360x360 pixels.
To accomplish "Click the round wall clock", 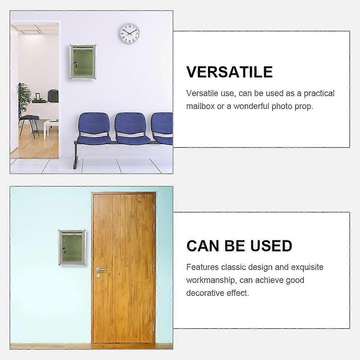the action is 129,33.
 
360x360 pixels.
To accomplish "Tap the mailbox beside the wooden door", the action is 72,248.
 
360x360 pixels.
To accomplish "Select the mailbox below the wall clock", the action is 83,62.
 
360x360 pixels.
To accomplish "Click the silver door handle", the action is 101,269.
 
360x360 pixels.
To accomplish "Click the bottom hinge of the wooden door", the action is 153,328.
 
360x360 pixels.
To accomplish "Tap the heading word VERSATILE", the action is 229,72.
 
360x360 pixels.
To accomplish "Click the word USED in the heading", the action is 271,246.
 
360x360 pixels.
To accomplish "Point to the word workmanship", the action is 211,280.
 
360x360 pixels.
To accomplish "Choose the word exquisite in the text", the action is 307,267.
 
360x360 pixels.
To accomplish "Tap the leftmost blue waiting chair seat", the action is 94,140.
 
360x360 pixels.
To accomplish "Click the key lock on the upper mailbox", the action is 75,64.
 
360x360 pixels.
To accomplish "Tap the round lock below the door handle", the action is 98,276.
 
